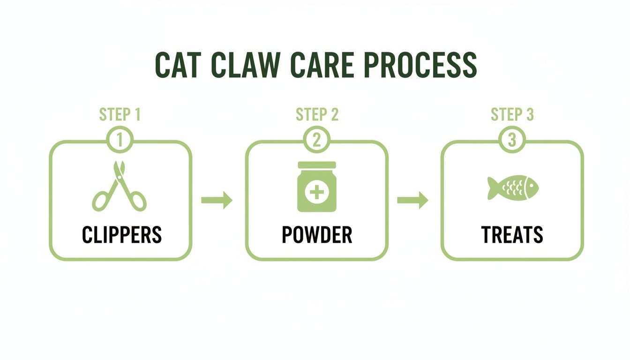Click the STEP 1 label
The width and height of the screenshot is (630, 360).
click(120, 114)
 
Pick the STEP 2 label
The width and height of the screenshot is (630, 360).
click(317, 114)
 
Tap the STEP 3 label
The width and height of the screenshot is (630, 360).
click(512, 114)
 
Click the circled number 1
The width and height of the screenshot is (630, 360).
click(120, 140)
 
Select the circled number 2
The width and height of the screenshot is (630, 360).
click(317, 140)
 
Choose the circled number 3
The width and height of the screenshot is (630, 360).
click(512, 140)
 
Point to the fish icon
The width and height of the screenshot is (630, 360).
click(512, 187)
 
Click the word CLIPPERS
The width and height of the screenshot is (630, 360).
click(121, 235)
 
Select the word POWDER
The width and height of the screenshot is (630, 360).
click(317, 235)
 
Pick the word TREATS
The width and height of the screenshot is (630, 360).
click(512, 235)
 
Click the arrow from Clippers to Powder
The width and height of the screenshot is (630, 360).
click(217, 201)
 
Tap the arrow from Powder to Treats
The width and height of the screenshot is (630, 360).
click(412, 201)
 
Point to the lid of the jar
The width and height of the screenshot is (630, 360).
click(317, 165)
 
